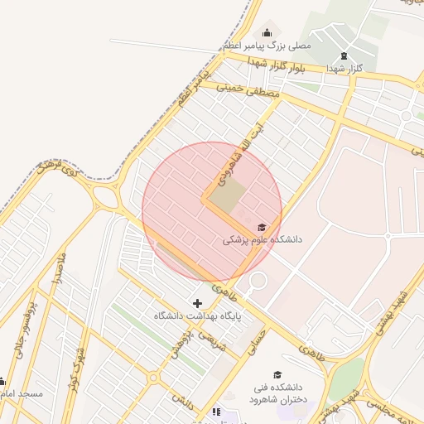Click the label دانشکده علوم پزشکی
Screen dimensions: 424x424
click(x=263, y=239)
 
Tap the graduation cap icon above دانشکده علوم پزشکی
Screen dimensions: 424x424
click(x=263, y=227)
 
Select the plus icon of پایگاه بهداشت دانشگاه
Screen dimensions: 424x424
click(x=197, y=303)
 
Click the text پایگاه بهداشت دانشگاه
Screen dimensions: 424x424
click(x=197, y=316)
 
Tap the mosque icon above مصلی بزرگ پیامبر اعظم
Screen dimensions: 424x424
click(x=266, y=32)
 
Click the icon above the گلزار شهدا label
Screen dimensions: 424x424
click(x=344, y=56)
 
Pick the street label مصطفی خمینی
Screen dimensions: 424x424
click(x=248, y=92)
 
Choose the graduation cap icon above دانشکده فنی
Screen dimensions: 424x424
click(x=277, y=375)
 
